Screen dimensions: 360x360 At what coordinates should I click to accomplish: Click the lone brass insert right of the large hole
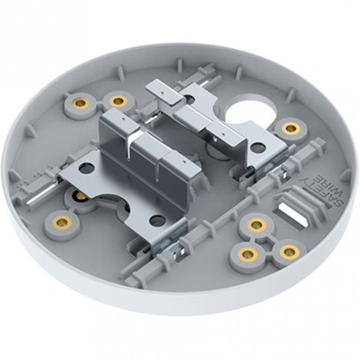(x=290, y=127)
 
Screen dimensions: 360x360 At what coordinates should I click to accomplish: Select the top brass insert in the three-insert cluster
(x=255, y=225)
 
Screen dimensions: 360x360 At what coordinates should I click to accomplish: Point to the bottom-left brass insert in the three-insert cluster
(x=246, y=253)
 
